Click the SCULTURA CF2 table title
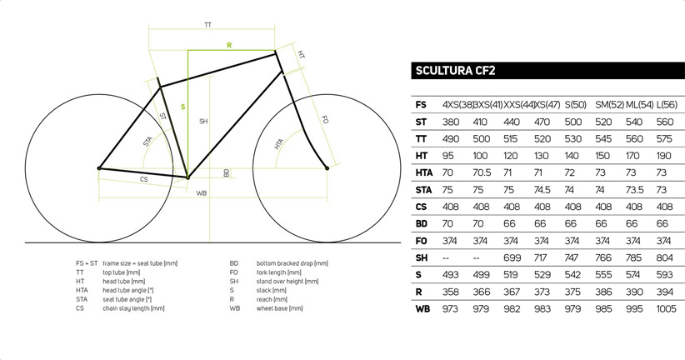click(x=455, y=71)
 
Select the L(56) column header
click(x=667, y=105)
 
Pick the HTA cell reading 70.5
click(x=482, y=173)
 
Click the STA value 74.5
click(x=542, y=190)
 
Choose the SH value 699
click(x=512, y=257)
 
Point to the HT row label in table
click(x=421, y=156)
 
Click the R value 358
click(x=450, y=292)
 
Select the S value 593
click(x=664, y=275)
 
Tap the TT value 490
click(x=450, y=139)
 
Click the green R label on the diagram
click(x=229, y=46)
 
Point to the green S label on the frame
click(x=183, y=107)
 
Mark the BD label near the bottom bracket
click(x=227, y=173)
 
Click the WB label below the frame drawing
click(x=202, y=193)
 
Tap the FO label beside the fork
click(x=325, y=119)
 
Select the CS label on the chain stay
click(x=143, y=179)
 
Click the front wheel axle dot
click(x=327, y=168)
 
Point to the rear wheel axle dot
click(x=99, y=168)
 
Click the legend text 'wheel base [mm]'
click(x=280, y=308)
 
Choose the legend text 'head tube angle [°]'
click(x=128, y=291)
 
